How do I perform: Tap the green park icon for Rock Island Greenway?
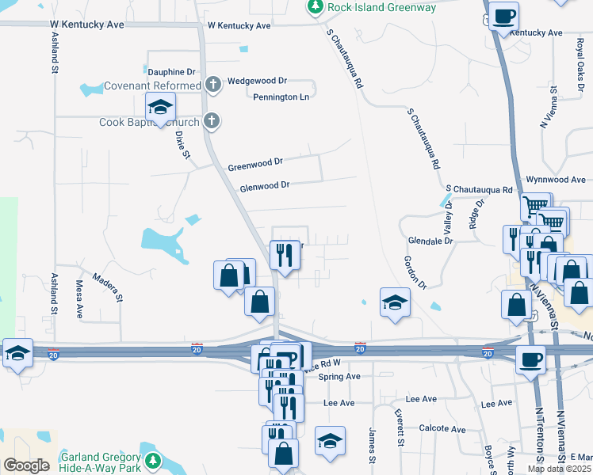click(x=315, y=7)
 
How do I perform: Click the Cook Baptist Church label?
click(x=149, y=123)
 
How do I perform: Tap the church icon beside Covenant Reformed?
click(x=212, y=85)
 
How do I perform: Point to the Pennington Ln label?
click(x=281, y=97)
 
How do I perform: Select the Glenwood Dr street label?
click(x=265, y=185)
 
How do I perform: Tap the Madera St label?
click(x=109, y=287)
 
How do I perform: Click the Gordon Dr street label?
click(x=415, y=272)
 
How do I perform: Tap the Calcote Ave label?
click(x=442, y=429)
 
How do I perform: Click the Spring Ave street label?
click(x=339, y=377)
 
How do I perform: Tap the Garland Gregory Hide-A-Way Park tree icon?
click(x=153, y=462)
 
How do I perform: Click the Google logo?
click(x=26, y=465)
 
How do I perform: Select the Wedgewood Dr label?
click(x=257, y=81)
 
